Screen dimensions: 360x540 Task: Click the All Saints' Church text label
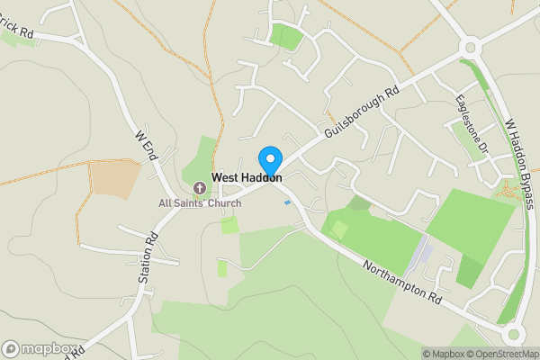pos(200,203)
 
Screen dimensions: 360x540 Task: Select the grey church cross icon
pos(199,188)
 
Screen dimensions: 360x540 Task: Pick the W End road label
pos(146,148)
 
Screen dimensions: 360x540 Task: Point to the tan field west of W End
pos(114,179)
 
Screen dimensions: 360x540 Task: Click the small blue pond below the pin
pos(287,202)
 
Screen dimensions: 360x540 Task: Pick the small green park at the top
pos(286,37)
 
